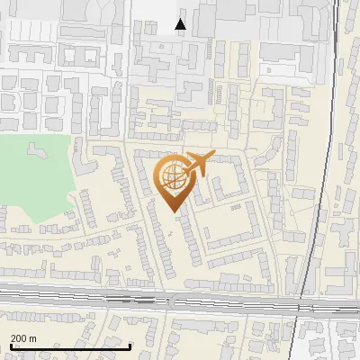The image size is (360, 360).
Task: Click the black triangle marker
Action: (x=181, y=24)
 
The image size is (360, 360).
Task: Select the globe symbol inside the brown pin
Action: (x=173, y=177)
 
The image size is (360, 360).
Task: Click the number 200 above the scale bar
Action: (x=18, y=338)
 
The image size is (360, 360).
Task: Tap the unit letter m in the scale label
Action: (x=32, y=338)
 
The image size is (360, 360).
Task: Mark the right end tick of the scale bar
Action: (x=131, y=346)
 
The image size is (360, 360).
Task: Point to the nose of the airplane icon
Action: (x=212, y=157)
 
